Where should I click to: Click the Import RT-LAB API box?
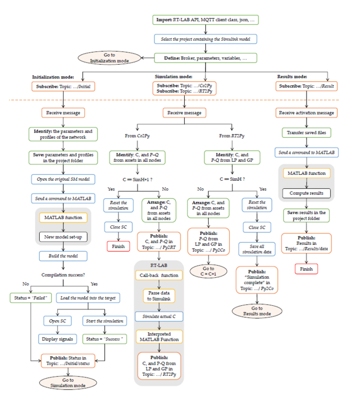[205, 20]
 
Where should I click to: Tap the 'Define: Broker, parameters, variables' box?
[205, 58]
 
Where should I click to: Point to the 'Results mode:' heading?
[292, 76]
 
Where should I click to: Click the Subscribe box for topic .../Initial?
[64, 86]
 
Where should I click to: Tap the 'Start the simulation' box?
[104, 320]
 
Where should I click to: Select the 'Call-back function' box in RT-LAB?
[159, 275]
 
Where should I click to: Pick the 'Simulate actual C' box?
[159, 316]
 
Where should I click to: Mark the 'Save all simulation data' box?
[257, 249]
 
